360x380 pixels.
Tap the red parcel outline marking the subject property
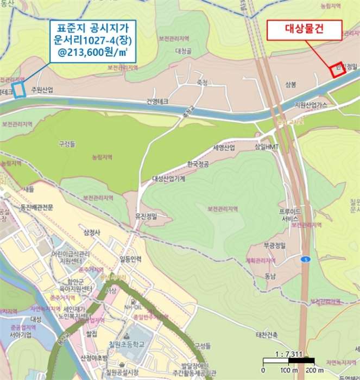tap(337, 70)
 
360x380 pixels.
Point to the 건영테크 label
tap(157, 102)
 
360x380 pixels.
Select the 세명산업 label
tap(224, 148)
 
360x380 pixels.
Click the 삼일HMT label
tap(267, 148)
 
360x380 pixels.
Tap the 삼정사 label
tap(93, 233)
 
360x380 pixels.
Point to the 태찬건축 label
tap(267, 335)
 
